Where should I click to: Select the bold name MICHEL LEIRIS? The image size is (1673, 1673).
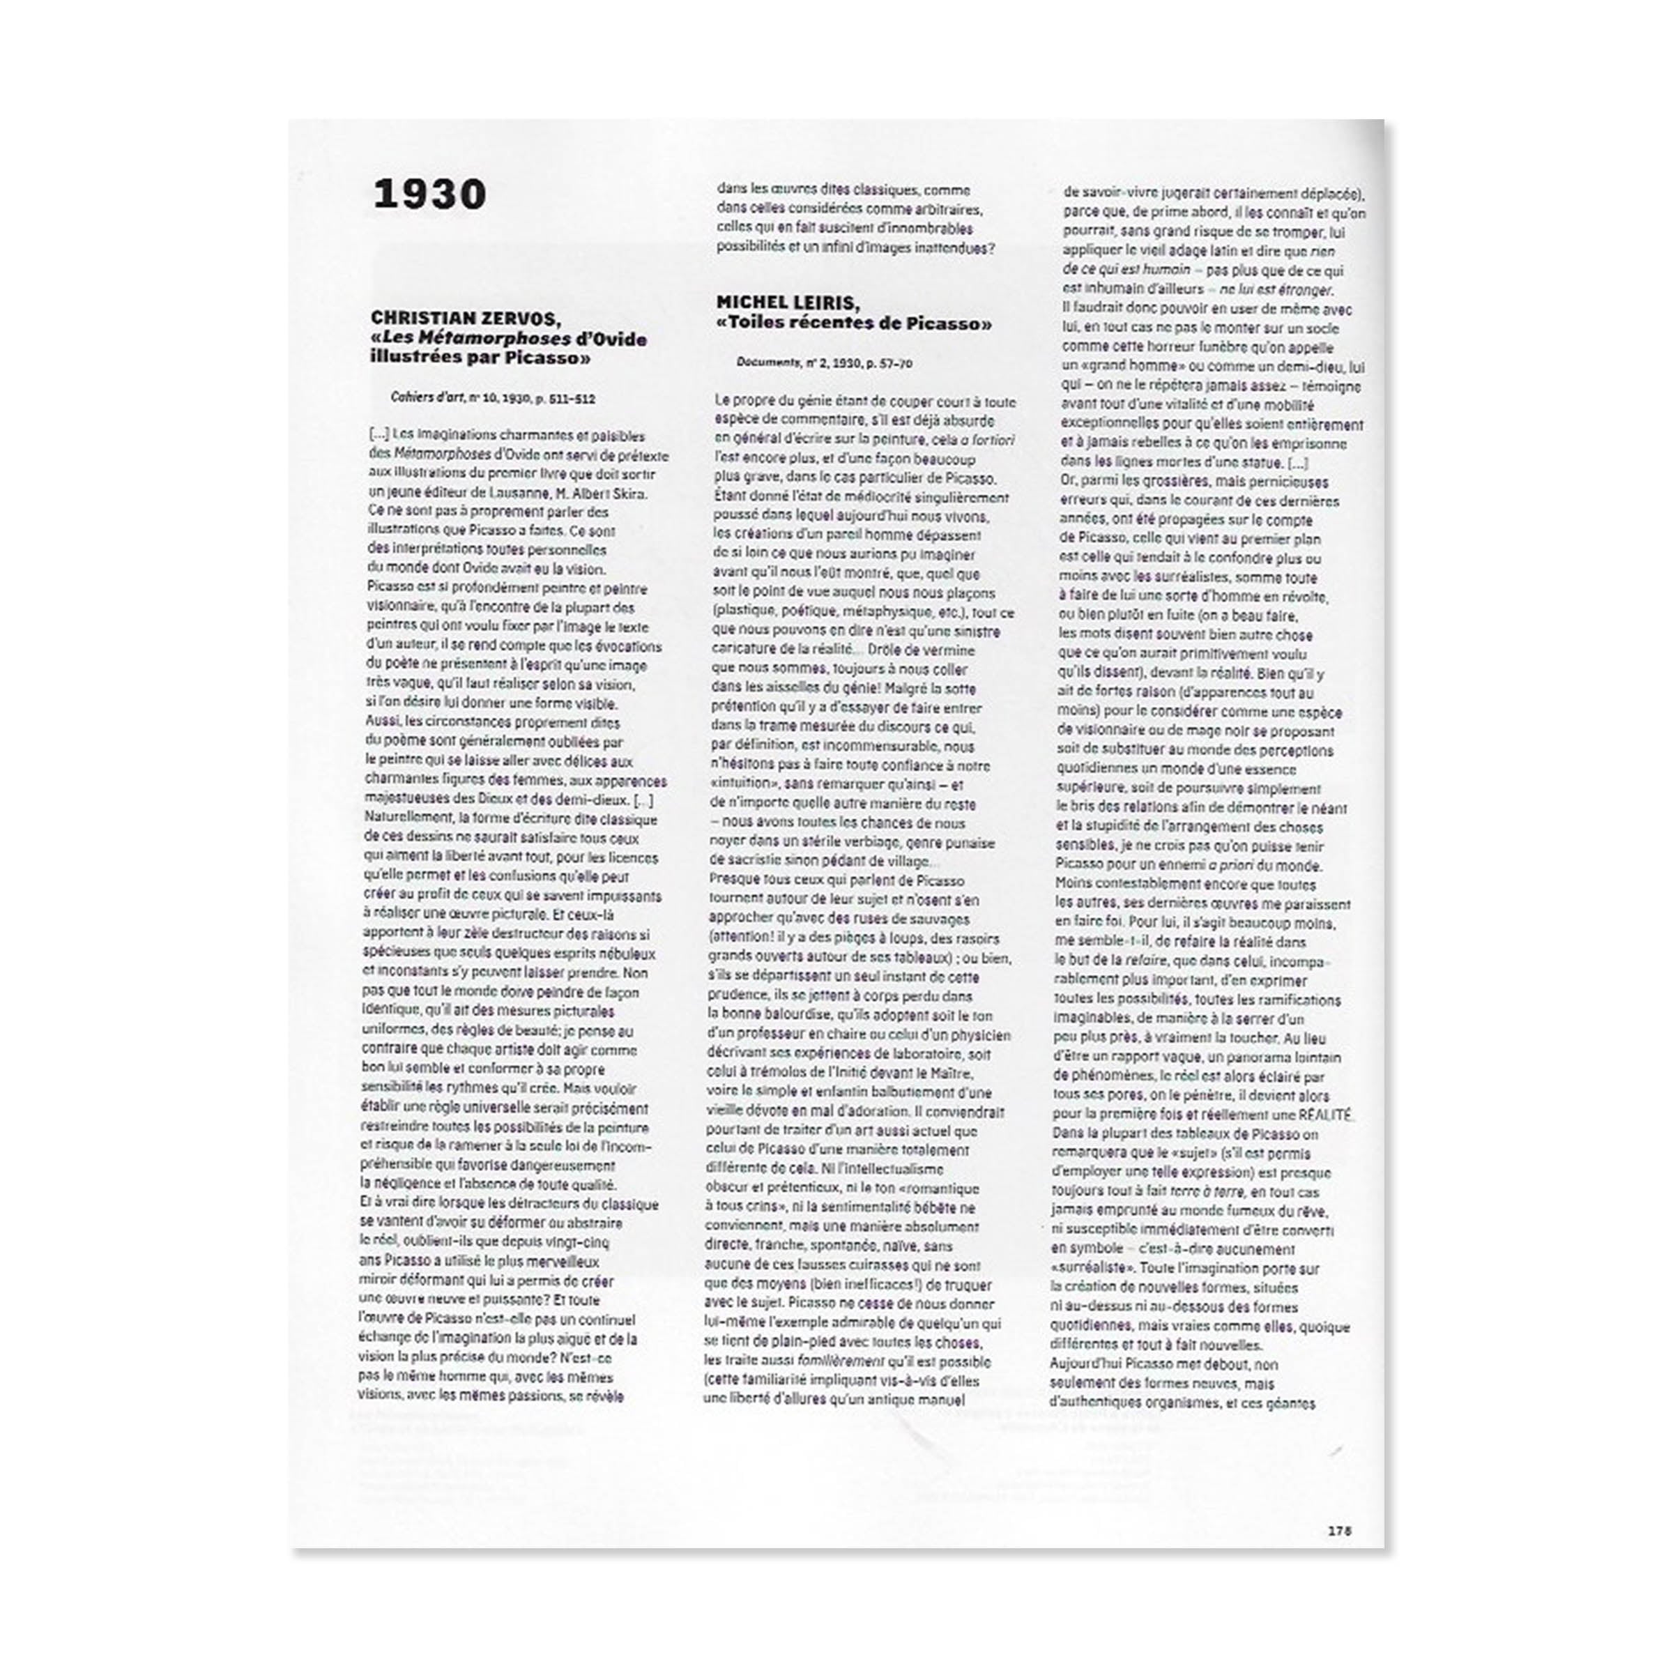coord(786,303)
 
